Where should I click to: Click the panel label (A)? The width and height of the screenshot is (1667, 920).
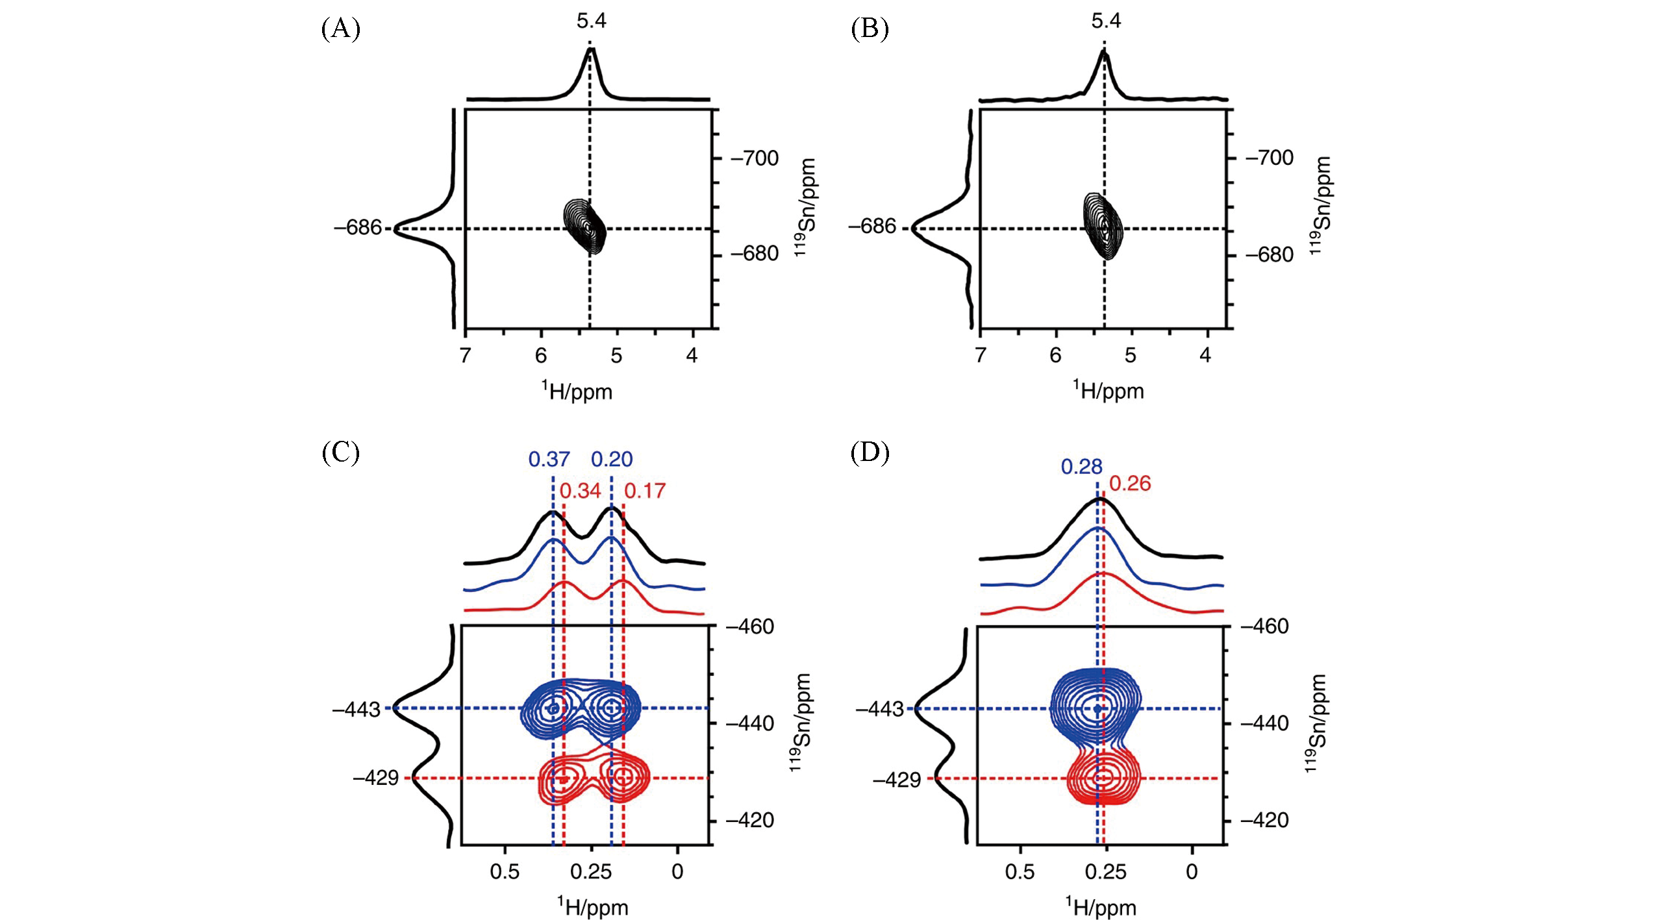tap(340, 29)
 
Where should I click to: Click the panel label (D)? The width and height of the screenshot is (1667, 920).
tap(870, 453)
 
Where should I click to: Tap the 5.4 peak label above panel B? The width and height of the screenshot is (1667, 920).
tap(1106, 21)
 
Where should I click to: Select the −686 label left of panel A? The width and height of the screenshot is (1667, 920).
tap(358, 228)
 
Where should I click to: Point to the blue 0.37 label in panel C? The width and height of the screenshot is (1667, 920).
tap(549, 459)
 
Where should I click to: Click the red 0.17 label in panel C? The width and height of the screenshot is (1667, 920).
tap(645, 491)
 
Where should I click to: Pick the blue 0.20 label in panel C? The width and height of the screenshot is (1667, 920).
tap(612, 459)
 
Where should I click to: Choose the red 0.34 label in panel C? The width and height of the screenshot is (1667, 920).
tap(580, 491)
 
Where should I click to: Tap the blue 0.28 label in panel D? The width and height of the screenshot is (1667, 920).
tap(1081, 466)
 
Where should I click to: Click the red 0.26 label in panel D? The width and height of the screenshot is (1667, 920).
tap(1130, 483)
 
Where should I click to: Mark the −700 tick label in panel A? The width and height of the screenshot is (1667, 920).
tap(755, 158)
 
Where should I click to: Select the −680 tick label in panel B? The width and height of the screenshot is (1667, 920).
tap(1270, 255)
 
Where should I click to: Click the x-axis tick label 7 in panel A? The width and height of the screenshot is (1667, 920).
tap(465, 356)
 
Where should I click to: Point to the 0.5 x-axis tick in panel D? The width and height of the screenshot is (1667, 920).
tap(1020, 871)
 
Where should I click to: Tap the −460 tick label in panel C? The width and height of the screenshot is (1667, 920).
tap(750, 627)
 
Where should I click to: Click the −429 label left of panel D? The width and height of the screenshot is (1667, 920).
tap(897, 779)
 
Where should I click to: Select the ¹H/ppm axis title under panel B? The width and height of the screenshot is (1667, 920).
tap(1108, 390)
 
